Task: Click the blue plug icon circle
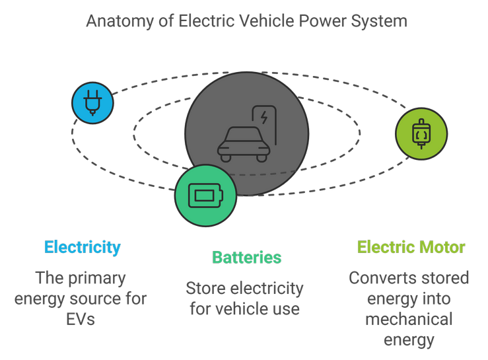coord(92,103)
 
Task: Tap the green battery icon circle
coord(206,196)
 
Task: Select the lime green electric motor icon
coord(421,133)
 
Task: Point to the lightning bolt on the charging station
coord(264,118)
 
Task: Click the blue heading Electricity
coord(83,248)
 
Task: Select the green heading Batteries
coord(246,258)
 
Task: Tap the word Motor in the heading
coord(440,248)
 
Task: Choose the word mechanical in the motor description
coord(409,319)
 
